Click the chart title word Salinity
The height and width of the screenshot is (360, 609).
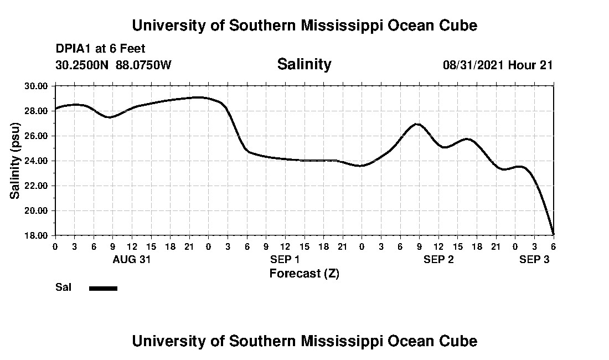pos(304,64)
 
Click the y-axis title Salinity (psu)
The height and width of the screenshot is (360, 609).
pos(15,160)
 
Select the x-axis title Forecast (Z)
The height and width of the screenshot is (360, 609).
pos(304,273)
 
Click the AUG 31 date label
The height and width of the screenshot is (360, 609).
pos(132,259)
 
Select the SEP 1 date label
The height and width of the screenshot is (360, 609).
pos(285,259)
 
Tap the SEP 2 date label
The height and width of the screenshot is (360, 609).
pos(438,259)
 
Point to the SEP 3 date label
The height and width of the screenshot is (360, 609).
pos(534,259)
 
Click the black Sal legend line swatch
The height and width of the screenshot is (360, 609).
pos(103,288)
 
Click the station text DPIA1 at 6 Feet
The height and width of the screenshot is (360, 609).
pos(100,49)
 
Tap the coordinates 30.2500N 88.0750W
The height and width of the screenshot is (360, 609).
pos(113,65)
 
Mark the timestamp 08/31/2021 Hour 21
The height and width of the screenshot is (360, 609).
pos(498,65)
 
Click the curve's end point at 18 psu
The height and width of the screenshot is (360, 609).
pos(553,234)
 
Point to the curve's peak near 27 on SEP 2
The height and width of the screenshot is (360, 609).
pos(418,124)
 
